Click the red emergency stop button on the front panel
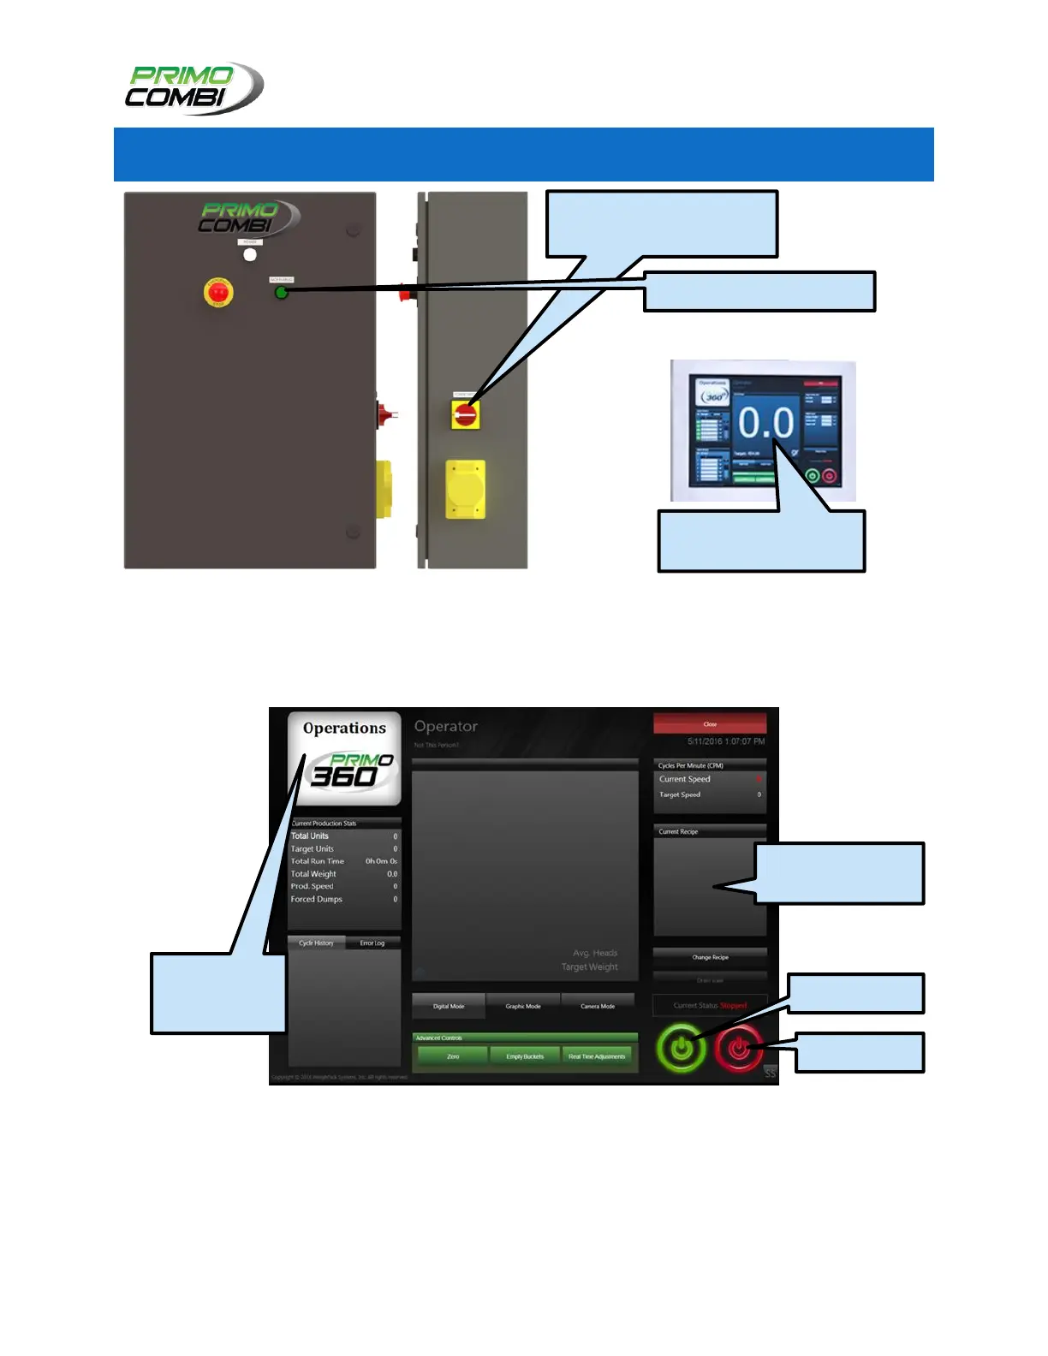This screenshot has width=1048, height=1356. point(218,292)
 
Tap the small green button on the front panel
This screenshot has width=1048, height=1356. point(281,293)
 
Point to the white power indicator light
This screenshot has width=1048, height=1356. point(250,254)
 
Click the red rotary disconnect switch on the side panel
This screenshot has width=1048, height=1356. point(466,414)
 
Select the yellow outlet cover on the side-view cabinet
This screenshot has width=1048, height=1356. point(465,490)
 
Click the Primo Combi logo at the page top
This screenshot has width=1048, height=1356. point(195,87)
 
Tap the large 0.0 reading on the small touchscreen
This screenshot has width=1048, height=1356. point(765,423)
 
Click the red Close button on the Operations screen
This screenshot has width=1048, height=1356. point(710,724)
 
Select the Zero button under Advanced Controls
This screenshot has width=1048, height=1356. point(453,1056)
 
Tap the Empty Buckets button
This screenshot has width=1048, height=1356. point(525,1056)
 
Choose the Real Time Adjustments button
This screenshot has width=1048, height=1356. point(597,1056)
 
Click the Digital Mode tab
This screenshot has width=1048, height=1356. point(449,1006)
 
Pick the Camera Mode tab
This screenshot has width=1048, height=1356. point(598,1006)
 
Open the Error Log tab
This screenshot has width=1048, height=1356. point(372,943)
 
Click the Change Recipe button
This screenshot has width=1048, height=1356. point(710,957)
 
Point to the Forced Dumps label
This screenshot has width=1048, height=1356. point(316,899)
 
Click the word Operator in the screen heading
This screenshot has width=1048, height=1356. point(446,727)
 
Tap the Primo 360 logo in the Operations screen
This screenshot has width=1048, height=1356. point(351,770)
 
